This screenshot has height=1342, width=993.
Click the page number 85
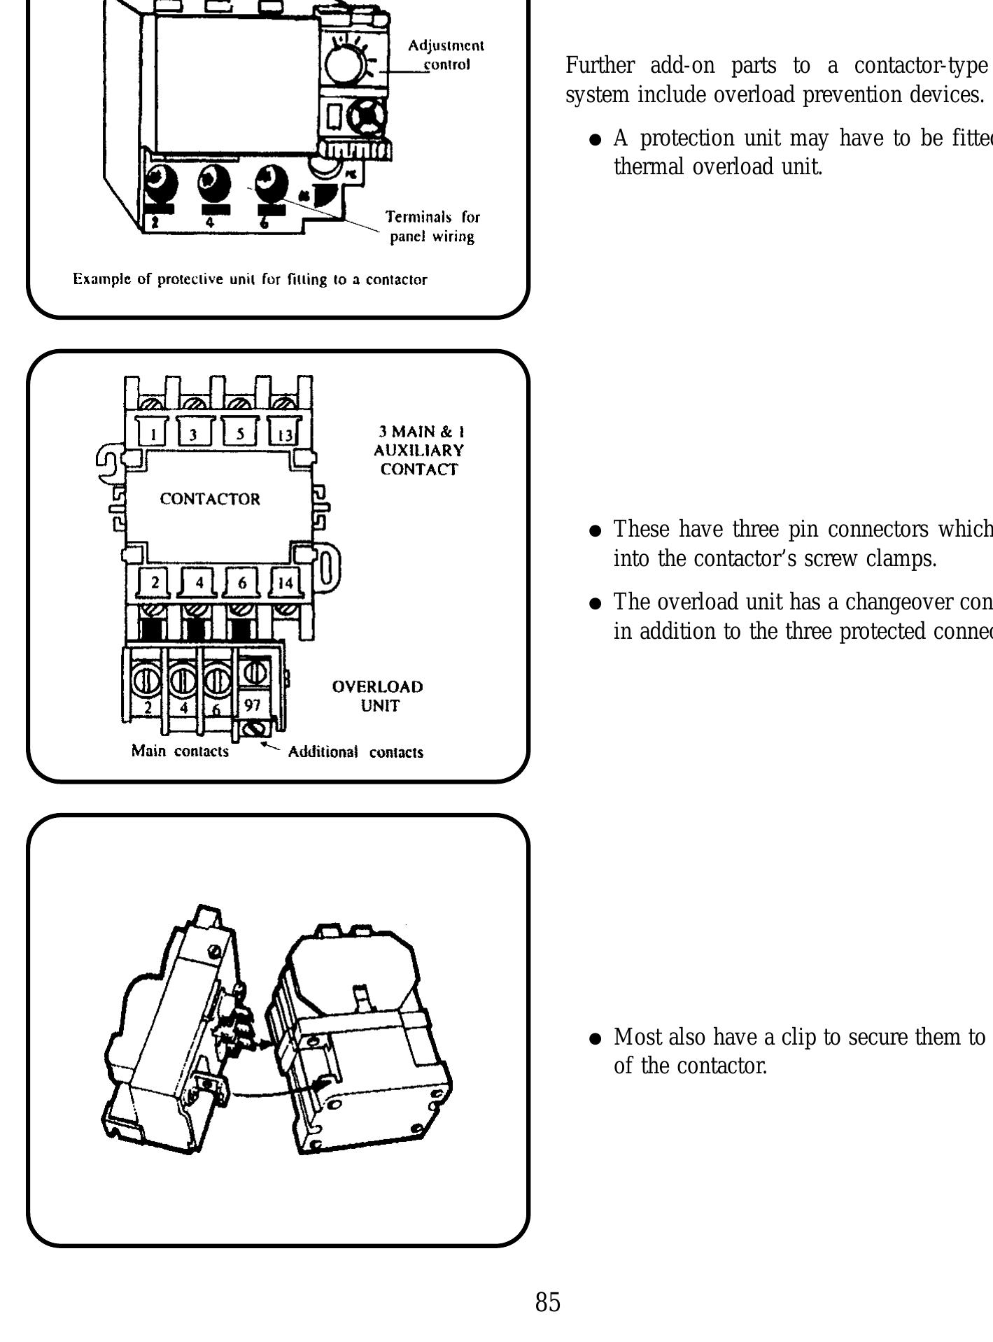pyautogui.click(x=548, y=1302)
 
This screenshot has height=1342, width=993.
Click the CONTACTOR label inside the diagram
pyautogui.click(x=210, y=499)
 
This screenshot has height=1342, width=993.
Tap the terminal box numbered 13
pyautogui.click(x=285, y=434)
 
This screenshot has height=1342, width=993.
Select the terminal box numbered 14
pyautogui.click(x=286, y=582)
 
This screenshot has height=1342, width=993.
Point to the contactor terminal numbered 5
pyautogui.click(x=240, y=434)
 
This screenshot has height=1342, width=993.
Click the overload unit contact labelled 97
pyautogui.click(x=252, y=706)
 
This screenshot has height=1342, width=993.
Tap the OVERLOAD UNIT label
pyautogui.click(x=378, y=695)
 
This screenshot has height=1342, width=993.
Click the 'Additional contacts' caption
pyautogui.click(x=355, y=752)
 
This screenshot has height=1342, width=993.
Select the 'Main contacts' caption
pyautogui.click(x=180, y=751)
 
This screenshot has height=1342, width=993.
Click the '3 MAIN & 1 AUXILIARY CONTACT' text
pyautogui.click(x=418, y=450)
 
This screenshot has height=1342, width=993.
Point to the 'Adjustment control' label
pyautogui.click(x=446, y=55)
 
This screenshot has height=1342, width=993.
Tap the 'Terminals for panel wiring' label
pyautogui.click(x=432, y=227)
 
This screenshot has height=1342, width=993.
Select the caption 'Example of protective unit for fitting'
pyautogui.click(x=250, y=280)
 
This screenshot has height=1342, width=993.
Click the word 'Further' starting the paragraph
pyautogui.click(x=600, y=66)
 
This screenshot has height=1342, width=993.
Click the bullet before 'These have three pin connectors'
pyautogui.click(x=596, y=531)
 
